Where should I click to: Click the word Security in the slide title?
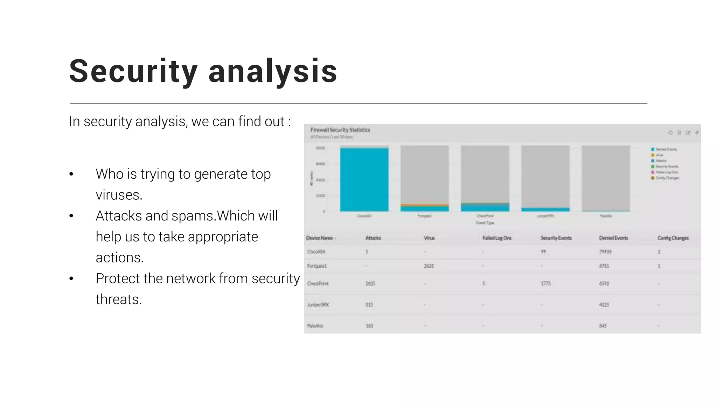(x=133, y=71)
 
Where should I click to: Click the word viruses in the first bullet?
(x=119, y=195)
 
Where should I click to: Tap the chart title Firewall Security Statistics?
(x=340, y=130)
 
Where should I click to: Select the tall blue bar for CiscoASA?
(x=364, y=179)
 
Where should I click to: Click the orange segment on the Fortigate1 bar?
(x=424, y=205)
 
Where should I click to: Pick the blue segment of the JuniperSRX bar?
(x=545, y=210)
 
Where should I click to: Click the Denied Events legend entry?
(x=666, y=149)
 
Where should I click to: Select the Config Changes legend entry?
(x=667, y=178)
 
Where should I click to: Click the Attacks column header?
(x=373, y=238)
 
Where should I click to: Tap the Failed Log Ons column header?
(x=496, y=238)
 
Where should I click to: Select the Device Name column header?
(x=319, y=238)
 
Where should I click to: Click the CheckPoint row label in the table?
(x=318, y=283)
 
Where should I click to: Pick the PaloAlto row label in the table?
(x=315, y=326)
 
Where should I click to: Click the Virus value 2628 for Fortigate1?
(x=429, y=266)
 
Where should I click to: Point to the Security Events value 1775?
(x=545, y=283)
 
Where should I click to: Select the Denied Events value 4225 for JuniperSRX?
(x=604, y=305)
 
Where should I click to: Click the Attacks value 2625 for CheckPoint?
(x=370, y=283)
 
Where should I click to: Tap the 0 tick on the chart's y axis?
(x=324, y=211)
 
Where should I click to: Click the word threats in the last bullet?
(x=119, y=299)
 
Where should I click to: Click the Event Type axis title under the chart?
(x=485, y=223)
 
